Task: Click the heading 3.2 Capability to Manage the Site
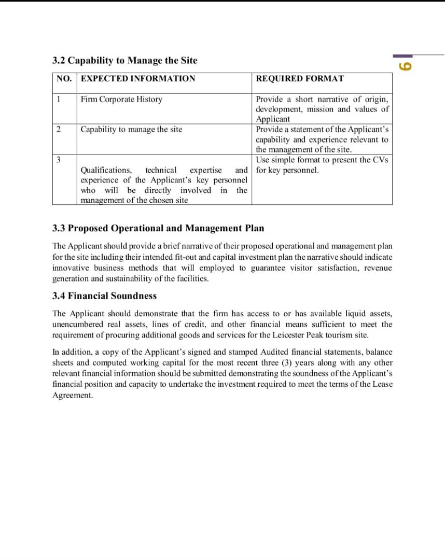click(124, 60)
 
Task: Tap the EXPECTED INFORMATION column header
click(138, 79)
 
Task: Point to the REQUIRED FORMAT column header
click(300, 79)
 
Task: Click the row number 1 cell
click(59, 99)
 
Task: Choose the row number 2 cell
click(59, 129)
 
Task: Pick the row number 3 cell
click(59, 160)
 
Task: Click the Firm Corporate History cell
click(121, 99)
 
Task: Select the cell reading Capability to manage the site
click(131, 129)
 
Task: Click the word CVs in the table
click(380, 160)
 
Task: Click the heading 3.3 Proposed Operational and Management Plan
click(158, 228)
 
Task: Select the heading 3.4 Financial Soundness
click(104, 296)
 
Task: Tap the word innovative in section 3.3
click(71, 268)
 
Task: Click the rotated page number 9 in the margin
click(406, 66)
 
